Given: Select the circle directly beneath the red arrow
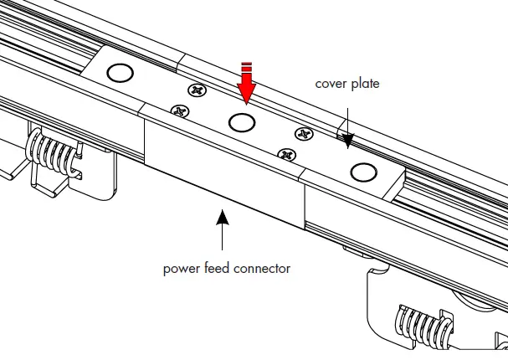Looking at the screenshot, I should coord(242,123).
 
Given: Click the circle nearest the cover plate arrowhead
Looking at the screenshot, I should coord(362,172).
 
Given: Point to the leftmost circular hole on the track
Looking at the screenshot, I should coord(121,74).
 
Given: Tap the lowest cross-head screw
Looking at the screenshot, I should coord(286,154).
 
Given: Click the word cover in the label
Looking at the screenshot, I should coord(331,85).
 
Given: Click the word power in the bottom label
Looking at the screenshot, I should coord(182,269).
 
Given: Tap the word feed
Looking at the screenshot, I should coord(218,269).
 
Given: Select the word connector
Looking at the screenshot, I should coord(262,269).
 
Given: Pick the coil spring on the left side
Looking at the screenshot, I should coord(51,155).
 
